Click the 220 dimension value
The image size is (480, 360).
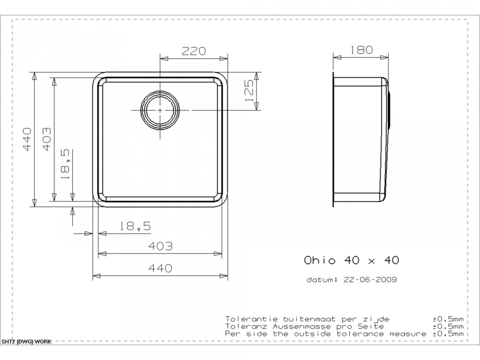coord(194,51)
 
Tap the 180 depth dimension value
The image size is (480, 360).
coord(361,50)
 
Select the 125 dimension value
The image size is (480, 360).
coord(249,91)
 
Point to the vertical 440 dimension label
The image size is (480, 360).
coord(27,139)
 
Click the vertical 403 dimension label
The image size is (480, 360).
coord(46,139)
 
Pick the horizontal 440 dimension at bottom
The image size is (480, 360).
coord(160,268)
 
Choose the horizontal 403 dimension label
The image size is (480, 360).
coord(160,246)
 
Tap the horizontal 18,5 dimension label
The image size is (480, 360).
coord(135,226)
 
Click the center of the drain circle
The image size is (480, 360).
coord(160,110)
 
